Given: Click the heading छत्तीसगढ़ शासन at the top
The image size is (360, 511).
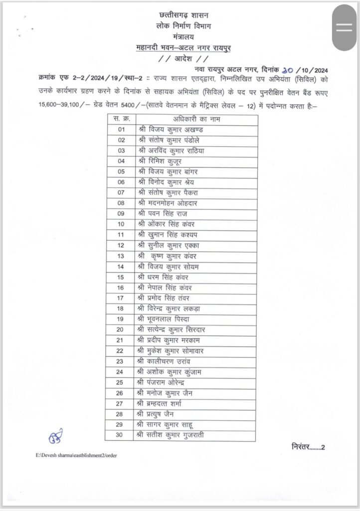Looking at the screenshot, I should tap(181, 15).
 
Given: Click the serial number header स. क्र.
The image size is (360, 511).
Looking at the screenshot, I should tap(121, 119).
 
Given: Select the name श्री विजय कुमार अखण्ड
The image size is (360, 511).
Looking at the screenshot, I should tap(171, 130).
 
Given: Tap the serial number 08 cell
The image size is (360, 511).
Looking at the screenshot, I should tap(121, 203).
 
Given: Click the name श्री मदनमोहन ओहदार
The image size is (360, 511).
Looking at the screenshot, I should tap(170, 203).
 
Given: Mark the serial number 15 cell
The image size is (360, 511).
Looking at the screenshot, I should tap(121, 276).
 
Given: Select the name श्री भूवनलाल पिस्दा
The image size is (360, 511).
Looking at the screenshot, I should tap(165, 318).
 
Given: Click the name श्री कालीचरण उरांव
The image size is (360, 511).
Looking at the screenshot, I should tap(167, 360).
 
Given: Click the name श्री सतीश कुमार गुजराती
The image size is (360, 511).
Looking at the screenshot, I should tap(173, 434).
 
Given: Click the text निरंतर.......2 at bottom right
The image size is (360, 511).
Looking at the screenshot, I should tap(308, 447).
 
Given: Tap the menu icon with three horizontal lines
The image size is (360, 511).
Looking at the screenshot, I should tap(344, 28).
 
